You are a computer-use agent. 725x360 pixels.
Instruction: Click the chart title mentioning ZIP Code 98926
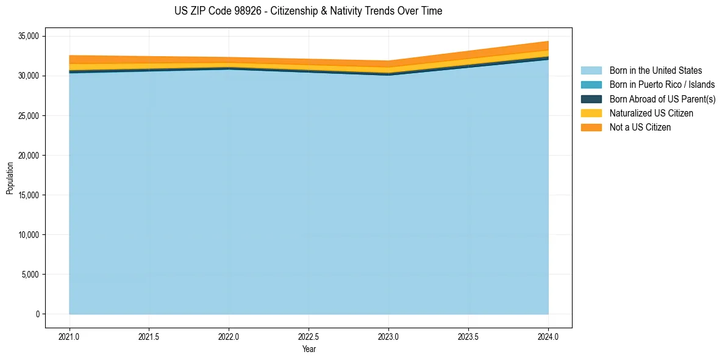click(309, 11)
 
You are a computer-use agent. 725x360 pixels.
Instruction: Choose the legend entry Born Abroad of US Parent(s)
click(662, 99)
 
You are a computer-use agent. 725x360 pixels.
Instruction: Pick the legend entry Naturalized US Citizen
click(651, 113)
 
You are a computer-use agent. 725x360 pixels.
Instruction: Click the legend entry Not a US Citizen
click(640, 127)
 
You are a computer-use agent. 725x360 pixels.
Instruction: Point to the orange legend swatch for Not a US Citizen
click(591, 127)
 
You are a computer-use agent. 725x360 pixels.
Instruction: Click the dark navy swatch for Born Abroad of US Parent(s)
click(591, 99)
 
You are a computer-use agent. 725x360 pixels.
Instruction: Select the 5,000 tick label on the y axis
click(30, 275)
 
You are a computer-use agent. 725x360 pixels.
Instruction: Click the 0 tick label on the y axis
click(37, 314)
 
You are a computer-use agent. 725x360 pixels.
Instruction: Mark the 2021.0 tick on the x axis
click(70, 336)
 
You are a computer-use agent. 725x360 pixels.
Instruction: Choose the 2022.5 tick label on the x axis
click(309, 336)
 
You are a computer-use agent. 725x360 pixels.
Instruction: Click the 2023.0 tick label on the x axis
click(388, 336)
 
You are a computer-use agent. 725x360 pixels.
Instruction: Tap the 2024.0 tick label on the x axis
click(548, 336)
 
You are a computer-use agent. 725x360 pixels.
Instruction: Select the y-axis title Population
click(10, 178)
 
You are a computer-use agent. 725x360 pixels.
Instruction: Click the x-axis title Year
click(309, 349)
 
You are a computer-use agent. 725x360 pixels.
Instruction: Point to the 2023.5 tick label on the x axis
click(468, 336)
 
